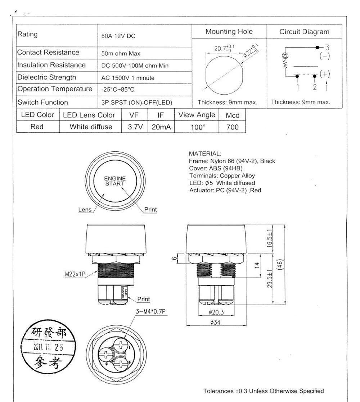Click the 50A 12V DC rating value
(118, 36)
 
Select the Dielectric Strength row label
(47, 77)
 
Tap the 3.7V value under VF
(135, 127)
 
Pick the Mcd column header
(232, 115)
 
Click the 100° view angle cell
(197, 127)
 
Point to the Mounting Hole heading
(229, 32)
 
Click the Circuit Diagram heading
(304, 32)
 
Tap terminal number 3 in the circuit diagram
(328, 47)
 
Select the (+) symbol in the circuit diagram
(325, 74)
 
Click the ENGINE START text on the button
(115, 181)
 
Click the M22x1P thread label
(75, 274)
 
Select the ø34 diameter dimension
(215, 323)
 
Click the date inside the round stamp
(48, 347)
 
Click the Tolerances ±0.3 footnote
(264, 391)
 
